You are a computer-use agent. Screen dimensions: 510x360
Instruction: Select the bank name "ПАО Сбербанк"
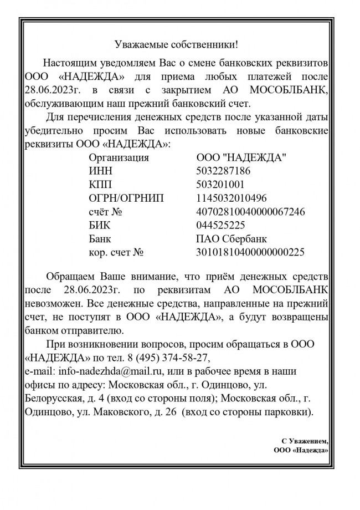click(x=232, y=239)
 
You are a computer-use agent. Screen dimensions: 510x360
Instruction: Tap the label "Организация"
click(x=119, y=157)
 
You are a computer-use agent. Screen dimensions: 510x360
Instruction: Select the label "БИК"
click(x=99, y=226)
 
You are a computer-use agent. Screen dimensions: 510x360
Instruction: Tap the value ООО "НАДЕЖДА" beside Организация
click(x=241, y=157)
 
